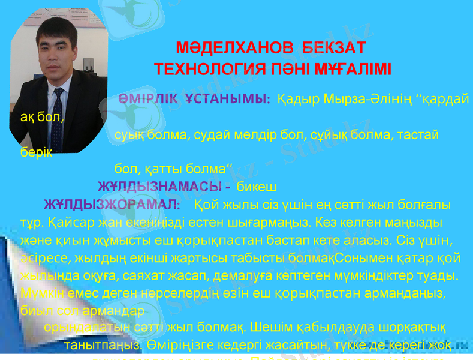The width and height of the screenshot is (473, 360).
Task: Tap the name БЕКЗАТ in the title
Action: pos(334,47)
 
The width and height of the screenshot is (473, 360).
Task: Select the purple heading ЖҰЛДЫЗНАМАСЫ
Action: pos(161,184)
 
